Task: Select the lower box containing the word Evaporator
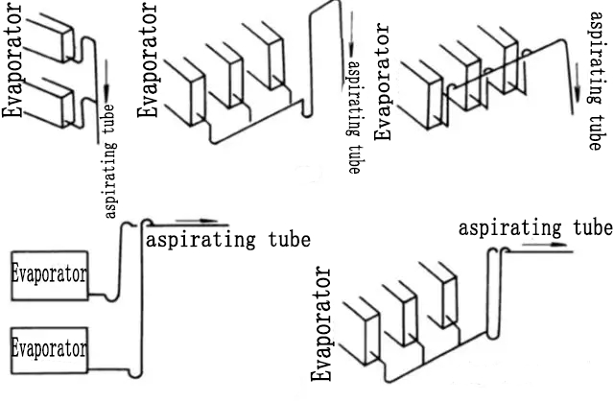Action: coord(48,347)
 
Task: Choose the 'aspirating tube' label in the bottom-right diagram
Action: coord(534,227)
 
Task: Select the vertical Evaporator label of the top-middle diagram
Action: coord(148,59)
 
